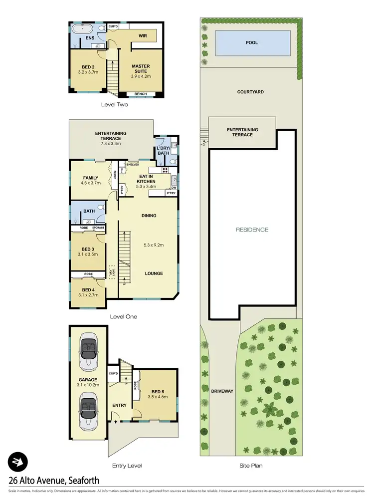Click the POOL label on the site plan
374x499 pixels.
[252, 43]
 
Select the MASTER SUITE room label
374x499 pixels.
[141, 69]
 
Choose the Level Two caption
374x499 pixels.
[114, 104]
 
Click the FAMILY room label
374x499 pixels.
[91, 177]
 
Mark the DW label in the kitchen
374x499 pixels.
[173, 188]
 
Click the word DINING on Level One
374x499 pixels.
[149, 216]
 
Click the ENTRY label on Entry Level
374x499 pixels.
[119, 405]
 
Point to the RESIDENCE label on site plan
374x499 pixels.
[252, 230]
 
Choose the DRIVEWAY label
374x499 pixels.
[221, 391]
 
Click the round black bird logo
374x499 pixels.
[18, 462]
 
